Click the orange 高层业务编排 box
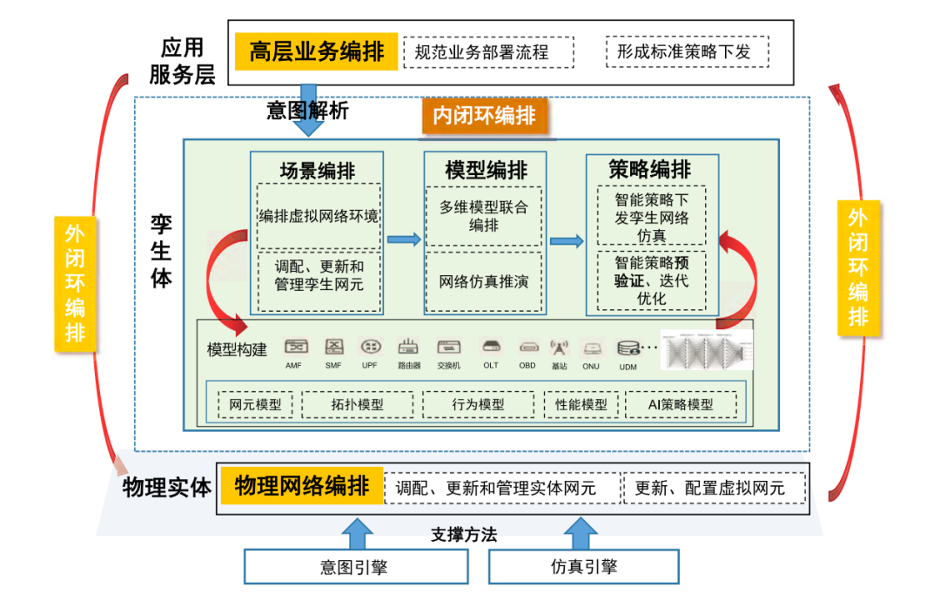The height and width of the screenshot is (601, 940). pyautogui.click(x=316, y=52)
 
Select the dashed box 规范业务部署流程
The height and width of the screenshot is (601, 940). pyautogui.click(x=488, y=52)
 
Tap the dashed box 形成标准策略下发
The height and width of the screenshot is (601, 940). pyautogui.click(x=689, y=51)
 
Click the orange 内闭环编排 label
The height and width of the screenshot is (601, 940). pyautogui.click(x=485, y=116)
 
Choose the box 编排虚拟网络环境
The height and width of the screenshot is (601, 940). pyautogui.click(x=318, y=215)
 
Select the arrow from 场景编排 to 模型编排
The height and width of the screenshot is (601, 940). pyautogui.click(x=403, y=240)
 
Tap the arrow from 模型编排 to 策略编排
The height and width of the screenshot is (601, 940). pyautogui.click(x=567, y=240)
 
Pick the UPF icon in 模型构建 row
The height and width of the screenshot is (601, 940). pyautogui.click(x=371, y=348)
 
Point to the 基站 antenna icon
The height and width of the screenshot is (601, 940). pyautogui.click(x=559, y=348)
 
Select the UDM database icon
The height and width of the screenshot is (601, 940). pyautogui.click(x=628, y=348)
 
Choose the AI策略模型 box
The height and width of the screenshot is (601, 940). pyautogui.click(x=681, y=405)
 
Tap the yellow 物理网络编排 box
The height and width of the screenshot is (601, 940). pyautogui.click(x=301, y=486)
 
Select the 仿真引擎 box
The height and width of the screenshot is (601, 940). pyautogui.click(x=583, y=567)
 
